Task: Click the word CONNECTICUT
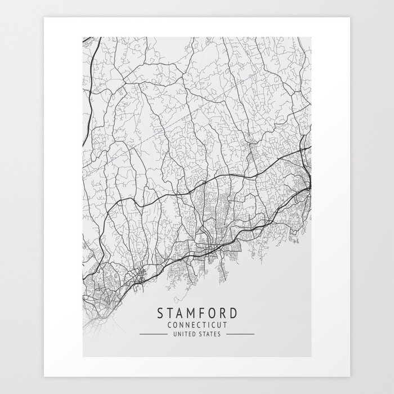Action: click(x=197, y=324)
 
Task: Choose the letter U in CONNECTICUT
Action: click(x=217, y=324)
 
